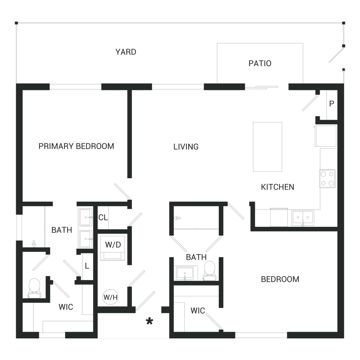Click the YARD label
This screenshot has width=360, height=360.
pos(126,52)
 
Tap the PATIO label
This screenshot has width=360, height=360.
pos(260,63)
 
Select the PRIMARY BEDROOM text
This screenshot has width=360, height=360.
pos(76,146)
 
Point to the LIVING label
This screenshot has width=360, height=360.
pos(186,147)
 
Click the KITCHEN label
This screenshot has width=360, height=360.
pos(278,187)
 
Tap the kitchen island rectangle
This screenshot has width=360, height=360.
pos(267,147)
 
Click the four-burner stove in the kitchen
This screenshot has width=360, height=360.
pos(327,179)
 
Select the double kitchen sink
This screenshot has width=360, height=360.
pos(303,218)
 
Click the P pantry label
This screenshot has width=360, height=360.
pos(332,104)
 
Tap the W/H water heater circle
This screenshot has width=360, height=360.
pos(111,297)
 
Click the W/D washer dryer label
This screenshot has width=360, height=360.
pos(113,245)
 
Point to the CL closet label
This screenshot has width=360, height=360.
pos(103,217)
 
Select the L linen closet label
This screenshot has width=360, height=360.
pos(87,266)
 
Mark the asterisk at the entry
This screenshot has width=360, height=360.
pos(149,321)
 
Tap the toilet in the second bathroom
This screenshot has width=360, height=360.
pos(210,271)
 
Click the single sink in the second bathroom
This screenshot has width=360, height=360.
pos(185,273)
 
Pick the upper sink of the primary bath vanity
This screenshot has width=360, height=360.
pos(86,217)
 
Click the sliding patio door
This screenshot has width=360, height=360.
pos(261,87)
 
